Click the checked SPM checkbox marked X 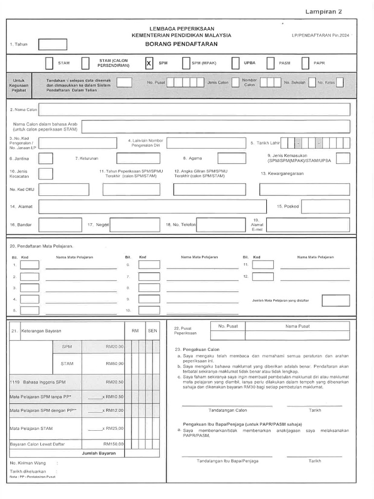pos(150,63)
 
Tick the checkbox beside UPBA pos(236,63)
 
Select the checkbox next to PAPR pos(305,63)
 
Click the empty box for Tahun pos(53,44)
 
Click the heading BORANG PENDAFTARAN pos(181,44)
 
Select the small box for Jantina pos(46,158)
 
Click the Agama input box pos(231,158)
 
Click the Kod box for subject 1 pos(30,265)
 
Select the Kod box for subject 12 pos(263,276)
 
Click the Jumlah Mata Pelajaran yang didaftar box pos(336,301)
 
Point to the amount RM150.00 pos(114,444)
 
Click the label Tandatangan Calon pos(227,410)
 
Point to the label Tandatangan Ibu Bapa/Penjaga pos(227,461)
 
